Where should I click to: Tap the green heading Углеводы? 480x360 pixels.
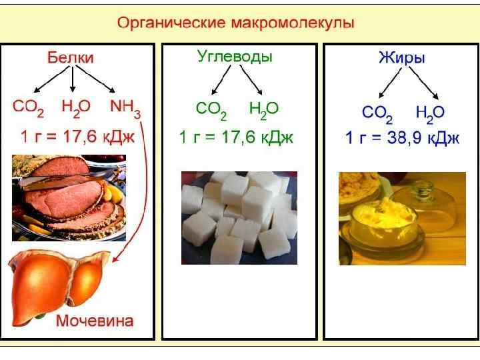(234, 57)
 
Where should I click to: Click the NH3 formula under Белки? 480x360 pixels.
(125, 107)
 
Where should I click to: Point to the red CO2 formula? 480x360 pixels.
(30, 107)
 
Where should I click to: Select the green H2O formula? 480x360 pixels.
(263, 108)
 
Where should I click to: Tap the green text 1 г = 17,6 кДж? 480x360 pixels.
(236, 138)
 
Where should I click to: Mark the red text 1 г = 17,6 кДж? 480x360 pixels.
(77, 138)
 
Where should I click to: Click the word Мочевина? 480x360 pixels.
(94, 321)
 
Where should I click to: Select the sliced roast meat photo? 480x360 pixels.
(69, 197)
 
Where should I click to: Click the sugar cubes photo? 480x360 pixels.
(239, 217)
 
